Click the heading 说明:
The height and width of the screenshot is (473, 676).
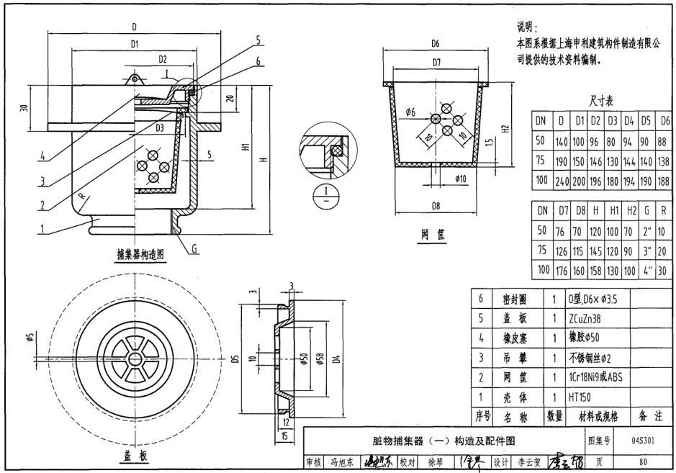tap(528, 27)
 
